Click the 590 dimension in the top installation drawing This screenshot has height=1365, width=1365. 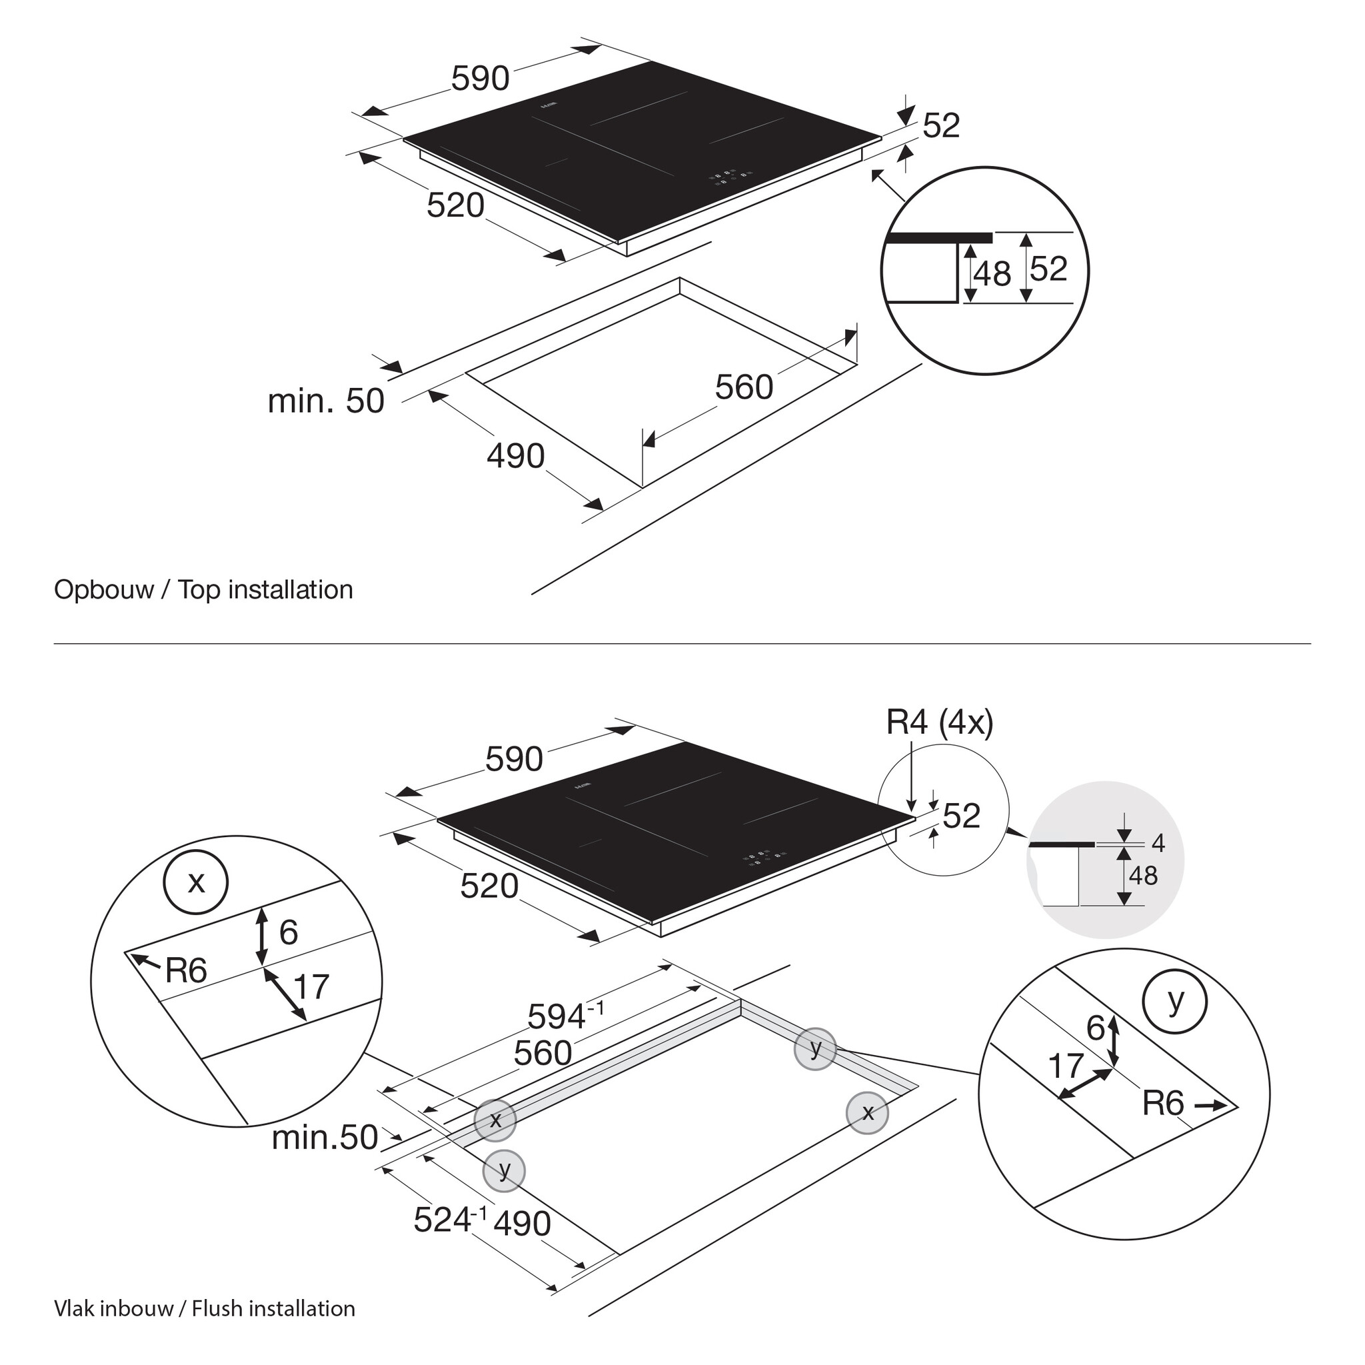[x=481, y=79]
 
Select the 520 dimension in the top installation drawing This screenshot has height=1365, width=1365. [x=456, y=205]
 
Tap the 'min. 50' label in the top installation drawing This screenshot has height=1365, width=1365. [x=326, y=401]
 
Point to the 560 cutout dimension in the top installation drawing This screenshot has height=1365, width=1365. [x=744, y=387]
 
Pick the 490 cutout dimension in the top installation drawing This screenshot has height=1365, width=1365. [x=516, y=456]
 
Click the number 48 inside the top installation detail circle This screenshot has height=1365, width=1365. [x=992, y=273]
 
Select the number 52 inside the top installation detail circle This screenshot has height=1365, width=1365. [x=1048, y=269]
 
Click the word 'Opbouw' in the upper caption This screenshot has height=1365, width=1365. [x=104, y=590]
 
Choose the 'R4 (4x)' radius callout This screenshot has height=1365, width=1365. [x=940, y=722]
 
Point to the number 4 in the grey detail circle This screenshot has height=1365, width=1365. [x=1158, y=843]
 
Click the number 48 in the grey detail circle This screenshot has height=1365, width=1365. [x=1143, y=876]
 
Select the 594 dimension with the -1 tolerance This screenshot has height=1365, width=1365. [x=565, y=1016]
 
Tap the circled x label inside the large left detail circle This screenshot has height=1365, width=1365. [x=196, y=882]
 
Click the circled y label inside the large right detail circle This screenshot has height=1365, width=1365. [x=1175, y=1002]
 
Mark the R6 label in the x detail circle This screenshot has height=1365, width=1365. [x=186, y=970]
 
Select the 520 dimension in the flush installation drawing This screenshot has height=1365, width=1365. [x=489, y=886]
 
